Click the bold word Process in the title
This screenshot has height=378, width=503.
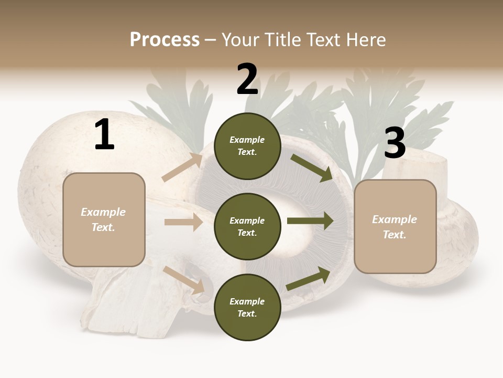(x=165, y=40)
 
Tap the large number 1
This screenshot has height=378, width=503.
(x=104, y=135)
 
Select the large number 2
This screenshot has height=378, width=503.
(x=247, y=79)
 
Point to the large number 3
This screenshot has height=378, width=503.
(x=395, y=143)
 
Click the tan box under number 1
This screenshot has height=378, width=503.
(x=104, y=219)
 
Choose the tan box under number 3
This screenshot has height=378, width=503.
(x=395, y=226)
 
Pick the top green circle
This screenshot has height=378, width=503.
(x=247, y=146)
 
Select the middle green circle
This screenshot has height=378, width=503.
(x=247, y=226)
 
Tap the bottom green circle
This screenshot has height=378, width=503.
(x=247, y=307)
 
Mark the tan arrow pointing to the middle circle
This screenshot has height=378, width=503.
(x=183, y=222)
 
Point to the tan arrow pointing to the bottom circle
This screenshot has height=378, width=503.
(x=184, y=279)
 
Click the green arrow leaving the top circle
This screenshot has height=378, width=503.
(x=311, y=167)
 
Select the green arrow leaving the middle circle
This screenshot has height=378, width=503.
(x=310, y=221)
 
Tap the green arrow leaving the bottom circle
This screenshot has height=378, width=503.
(x=309, y=279)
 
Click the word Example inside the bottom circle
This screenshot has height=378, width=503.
(x=247, y=301)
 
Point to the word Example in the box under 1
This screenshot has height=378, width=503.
(x=103, y=212)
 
